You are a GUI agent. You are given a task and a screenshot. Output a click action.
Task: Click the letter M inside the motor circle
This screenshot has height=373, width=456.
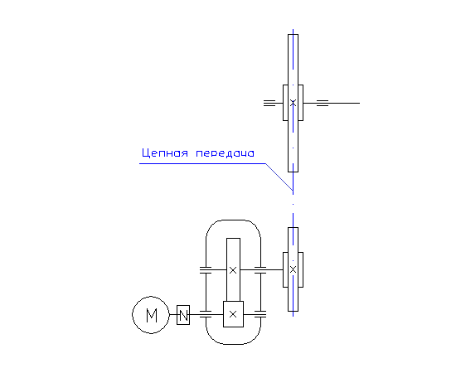click(x=152, y=315)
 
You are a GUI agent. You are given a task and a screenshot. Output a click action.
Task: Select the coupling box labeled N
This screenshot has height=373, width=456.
click(x=183, y=315)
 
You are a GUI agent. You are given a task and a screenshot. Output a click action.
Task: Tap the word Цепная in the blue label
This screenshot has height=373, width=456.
click(x=165, y=153)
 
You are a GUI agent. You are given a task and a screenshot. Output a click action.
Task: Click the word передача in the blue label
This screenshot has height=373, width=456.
click(x=225, y=153)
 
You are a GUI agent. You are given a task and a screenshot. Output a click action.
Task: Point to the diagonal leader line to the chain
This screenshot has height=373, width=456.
click(x=279, y=177)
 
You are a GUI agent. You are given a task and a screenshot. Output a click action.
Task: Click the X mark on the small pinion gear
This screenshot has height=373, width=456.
click(x=233, y=314)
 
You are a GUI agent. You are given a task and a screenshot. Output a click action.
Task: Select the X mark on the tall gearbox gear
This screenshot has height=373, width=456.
click(x=233, y=270)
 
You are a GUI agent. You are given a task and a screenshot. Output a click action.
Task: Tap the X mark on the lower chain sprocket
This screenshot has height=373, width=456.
click(x=293, y=269)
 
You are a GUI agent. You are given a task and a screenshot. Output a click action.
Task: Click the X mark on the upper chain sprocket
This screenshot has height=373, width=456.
click(x=293, y=103)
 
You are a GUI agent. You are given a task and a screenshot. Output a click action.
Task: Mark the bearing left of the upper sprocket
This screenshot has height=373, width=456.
click(x=269, y=103)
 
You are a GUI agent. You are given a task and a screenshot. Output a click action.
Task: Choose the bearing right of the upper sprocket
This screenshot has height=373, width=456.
click(x=323, y=103)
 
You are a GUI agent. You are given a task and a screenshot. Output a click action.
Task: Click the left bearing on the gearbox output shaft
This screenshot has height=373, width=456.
click(x=206, y=270)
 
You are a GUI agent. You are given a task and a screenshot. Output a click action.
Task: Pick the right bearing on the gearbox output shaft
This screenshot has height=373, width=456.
click(x=260, y=270)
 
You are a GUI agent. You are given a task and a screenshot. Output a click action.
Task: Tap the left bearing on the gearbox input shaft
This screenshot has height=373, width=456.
click(x=206, y=314)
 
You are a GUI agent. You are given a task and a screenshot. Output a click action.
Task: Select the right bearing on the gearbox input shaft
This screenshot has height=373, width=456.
click(x=260, y=314)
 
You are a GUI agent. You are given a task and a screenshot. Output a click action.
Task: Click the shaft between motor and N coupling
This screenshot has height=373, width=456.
click(x=173, y=315)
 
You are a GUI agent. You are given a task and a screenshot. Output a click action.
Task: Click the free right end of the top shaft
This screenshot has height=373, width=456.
click(x=360, y=103)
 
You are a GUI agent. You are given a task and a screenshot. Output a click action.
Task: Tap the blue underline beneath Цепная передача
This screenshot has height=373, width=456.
click(x=202, y=163)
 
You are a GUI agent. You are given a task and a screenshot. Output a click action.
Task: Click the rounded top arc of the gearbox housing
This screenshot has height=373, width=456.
click(x=233, y=220)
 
